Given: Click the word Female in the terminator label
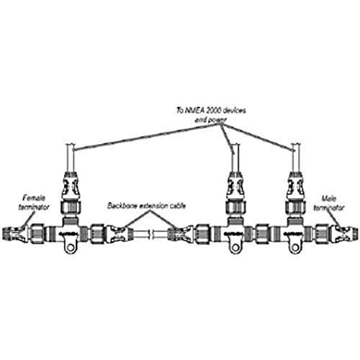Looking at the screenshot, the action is point(34,198).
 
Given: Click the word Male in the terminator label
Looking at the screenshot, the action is point(329,199).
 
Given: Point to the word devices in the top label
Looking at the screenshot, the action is point(234,110).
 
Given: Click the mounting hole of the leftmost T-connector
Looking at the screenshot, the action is point(71,247).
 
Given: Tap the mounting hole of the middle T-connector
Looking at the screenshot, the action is point(235,247).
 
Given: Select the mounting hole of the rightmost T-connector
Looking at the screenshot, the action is point(295,247).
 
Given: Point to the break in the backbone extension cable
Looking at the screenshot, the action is point(151,235).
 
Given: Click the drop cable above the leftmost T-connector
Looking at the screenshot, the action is point(71,158).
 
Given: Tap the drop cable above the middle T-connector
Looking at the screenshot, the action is point(235,158).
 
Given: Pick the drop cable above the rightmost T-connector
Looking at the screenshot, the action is point(295,158).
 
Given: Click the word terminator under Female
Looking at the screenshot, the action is point(34,207).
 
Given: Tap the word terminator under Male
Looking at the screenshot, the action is point(329,207).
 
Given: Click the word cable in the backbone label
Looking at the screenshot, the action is point(178,206).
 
